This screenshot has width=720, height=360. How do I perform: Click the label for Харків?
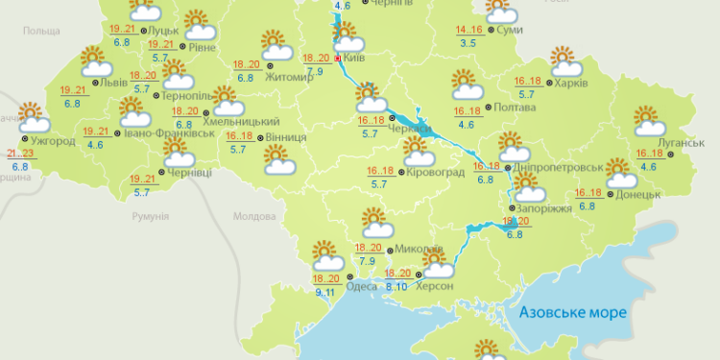coord(572,82)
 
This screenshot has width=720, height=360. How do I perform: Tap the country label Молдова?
coord(253,217)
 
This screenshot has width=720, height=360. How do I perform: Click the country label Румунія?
coord(150,217)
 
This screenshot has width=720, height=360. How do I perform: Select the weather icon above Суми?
coord(500,12)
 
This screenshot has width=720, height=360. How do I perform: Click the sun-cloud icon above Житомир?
coord(274,46)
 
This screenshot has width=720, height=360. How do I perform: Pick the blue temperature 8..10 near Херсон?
coord(396,286)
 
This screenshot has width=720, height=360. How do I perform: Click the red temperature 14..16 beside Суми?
coord(469,31)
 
